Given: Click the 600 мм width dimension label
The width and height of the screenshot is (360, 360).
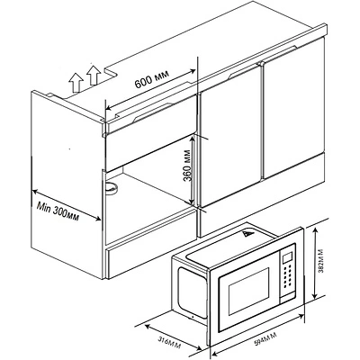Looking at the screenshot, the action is pyautogui.click(x=152, y=78).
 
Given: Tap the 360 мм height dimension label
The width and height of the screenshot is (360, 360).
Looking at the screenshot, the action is pyautogui.click(x=188, y=168).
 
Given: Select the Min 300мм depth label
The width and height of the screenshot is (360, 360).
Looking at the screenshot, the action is pyautogui.click(x=58, y=211).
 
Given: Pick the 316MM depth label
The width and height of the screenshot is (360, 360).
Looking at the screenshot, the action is pyautogui.click(x=169, y=341).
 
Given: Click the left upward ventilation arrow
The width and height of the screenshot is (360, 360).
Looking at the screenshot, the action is pyautogui.click(x=76, y=83).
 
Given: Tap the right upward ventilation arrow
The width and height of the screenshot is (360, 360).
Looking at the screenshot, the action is pyautogui.click(x=94, y=75).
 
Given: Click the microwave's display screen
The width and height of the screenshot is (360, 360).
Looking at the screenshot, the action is pyautogui.click(x=287, y=256).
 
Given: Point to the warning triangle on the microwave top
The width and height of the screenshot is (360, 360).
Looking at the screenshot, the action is pyautogui.click(x=247, y=234).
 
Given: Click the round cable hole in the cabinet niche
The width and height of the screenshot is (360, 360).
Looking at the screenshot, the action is pyautogui.click(x=112, y=188).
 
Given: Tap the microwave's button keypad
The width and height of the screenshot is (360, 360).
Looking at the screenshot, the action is pyautogui.click(x=287, y=275).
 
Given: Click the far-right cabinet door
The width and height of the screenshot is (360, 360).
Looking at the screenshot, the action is pyautogui.click(x=293, y=107).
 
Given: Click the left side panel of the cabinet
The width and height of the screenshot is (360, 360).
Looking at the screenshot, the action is pyautogui.click(x=67, y=185).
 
